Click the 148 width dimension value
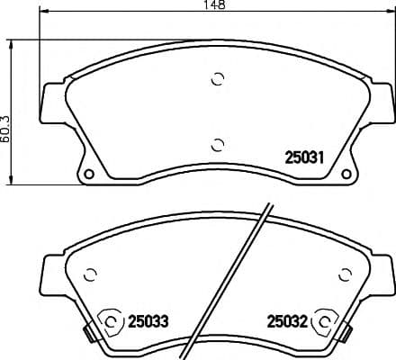[x=213, y=6]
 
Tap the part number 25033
[x=149, y=319]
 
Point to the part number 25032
[x=287, y=319]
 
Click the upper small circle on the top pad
[x=216, y=79]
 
